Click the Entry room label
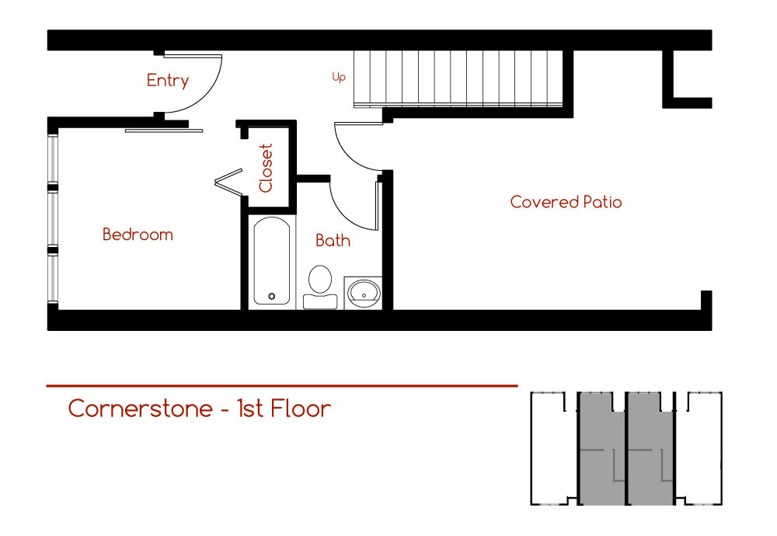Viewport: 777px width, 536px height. (168, 81)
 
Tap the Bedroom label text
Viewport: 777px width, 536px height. (138, 235)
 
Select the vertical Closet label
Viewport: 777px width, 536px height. (266, 168)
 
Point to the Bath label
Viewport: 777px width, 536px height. (333, 241)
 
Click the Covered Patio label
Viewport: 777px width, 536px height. (566, 202)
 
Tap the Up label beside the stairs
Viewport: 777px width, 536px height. (339, 78)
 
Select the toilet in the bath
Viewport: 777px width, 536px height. (319, 283)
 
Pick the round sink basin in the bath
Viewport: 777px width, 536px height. (363, 292)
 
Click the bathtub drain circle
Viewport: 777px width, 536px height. (271, 296)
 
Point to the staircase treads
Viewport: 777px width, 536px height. (458, 78)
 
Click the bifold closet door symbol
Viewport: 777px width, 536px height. (228, 183)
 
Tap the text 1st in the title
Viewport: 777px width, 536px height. (250, 409)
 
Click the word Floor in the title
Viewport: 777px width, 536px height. (301, 409)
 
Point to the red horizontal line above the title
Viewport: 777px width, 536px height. (282, 385)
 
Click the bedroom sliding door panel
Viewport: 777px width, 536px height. (164, 131)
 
